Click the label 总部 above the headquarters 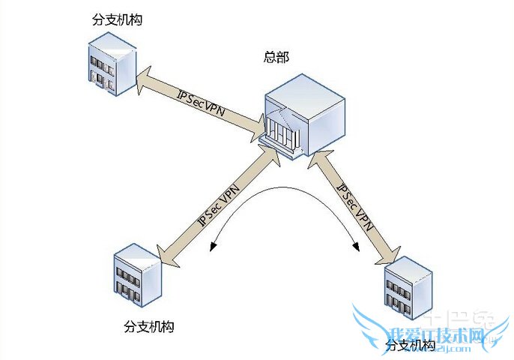coord(276,57)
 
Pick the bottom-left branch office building coord(137,275)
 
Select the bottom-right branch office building coord(408,289)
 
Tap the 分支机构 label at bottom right coord(410,346)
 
